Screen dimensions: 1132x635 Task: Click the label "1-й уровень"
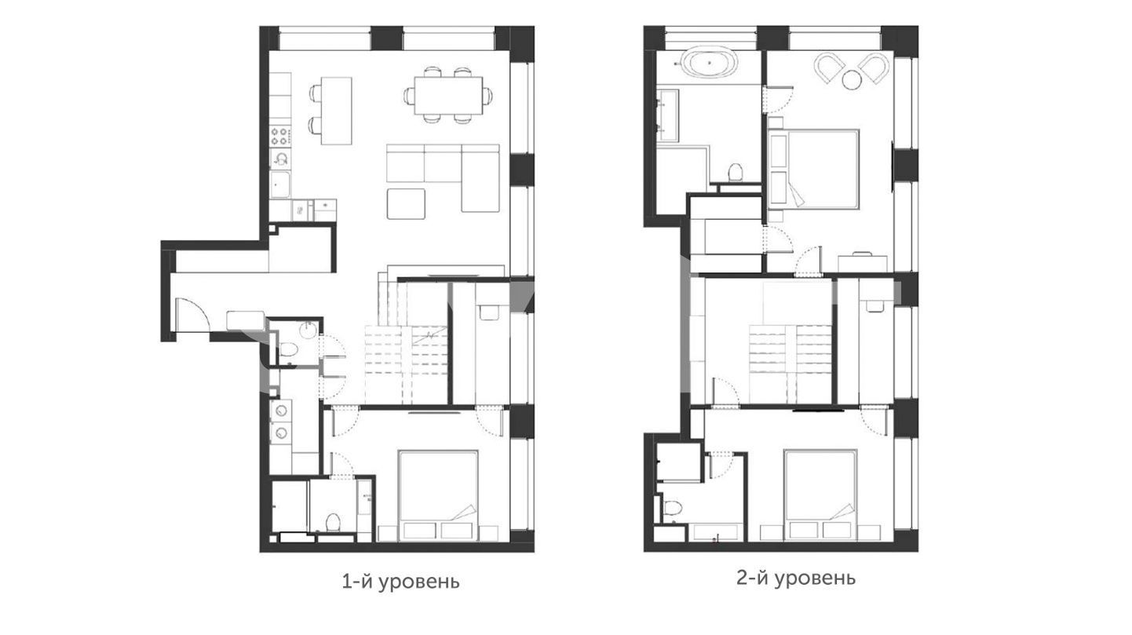point(400,582)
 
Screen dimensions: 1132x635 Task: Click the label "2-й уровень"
point(796,578)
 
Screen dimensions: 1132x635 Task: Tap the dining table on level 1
point(448,96)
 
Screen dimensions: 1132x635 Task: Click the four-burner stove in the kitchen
point(280,135)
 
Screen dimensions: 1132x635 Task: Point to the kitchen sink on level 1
point(279,184)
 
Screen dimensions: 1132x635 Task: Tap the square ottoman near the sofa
point(406,203)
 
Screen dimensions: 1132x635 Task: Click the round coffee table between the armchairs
point(852,80)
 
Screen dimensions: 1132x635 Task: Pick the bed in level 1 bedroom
point(438,495)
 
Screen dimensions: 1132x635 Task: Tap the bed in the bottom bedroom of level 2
point(820,495)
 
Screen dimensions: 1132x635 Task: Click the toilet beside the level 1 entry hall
point(289,349)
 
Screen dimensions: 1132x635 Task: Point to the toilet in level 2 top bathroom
point(735,172)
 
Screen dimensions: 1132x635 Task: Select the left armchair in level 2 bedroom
point(829,68)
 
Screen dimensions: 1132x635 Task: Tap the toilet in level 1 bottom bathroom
point(333,522)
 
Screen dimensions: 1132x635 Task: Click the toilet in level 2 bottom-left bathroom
point(673,507)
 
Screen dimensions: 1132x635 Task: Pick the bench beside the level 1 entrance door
point(246,320)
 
